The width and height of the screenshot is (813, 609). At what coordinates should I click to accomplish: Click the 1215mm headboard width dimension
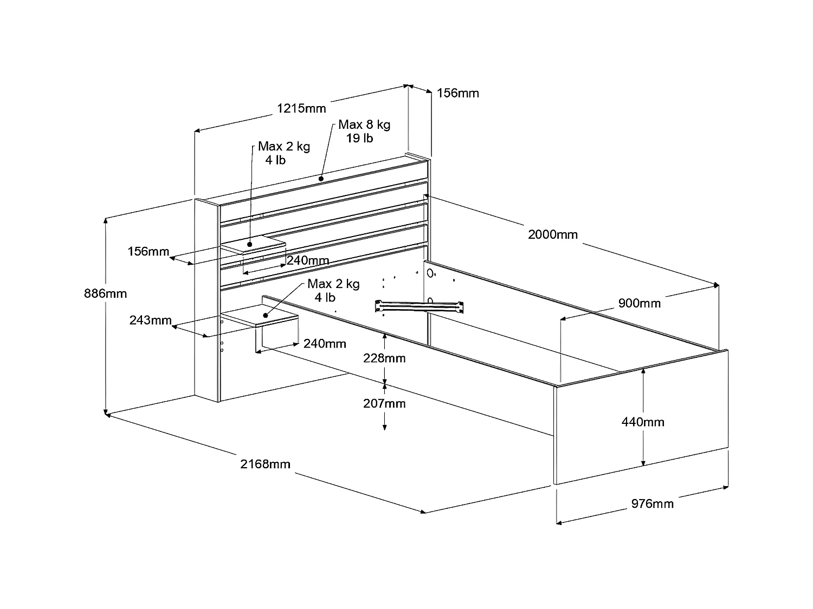pos(301,108)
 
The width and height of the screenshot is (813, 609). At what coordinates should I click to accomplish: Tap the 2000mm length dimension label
pos(552,234)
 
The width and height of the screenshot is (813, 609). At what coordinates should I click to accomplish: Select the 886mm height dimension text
pos(105,293)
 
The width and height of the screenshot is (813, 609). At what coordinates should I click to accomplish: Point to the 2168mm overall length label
pos(265,464)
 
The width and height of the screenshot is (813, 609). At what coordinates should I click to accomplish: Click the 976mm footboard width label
pos(652,504)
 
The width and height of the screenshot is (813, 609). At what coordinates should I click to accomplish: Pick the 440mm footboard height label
pos(642,422)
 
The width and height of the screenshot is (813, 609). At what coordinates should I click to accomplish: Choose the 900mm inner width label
pos(639,303)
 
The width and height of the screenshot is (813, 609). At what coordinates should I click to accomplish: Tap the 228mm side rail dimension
pos(384,358)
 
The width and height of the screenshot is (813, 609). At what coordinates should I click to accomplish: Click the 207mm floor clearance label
pos(384,403)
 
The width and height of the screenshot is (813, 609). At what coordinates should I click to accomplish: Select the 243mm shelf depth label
pos(150,320)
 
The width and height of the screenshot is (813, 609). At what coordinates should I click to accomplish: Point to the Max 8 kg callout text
pos(364,125)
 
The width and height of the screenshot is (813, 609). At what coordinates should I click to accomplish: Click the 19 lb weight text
pos(359,138)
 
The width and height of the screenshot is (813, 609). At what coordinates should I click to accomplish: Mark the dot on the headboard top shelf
pos(321,178)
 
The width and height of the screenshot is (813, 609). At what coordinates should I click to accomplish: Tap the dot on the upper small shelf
pos(250,245)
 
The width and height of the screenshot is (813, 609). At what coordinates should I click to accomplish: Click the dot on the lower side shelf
pos(265,315)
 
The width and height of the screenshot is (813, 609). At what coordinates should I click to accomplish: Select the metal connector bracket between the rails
pos(420,306)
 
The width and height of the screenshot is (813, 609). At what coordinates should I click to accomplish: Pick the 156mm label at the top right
pos(457,93)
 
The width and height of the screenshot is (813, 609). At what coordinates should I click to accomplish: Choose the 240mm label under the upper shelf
pos(307,260)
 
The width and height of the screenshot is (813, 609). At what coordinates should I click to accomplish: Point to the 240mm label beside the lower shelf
pos(324,344)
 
